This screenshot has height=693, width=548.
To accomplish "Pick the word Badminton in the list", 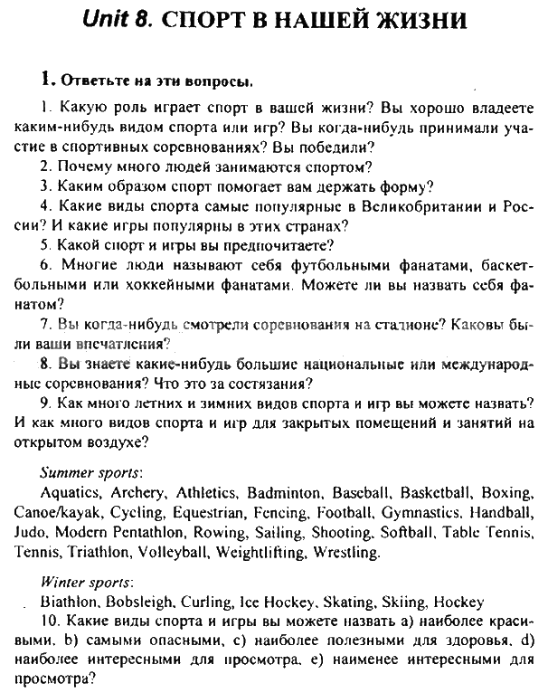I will point(282,494).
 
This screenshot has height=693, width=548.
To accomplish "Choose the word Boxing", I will point(507,494).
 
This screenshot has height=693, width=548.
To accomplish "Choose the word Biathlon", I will point(69,601).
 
